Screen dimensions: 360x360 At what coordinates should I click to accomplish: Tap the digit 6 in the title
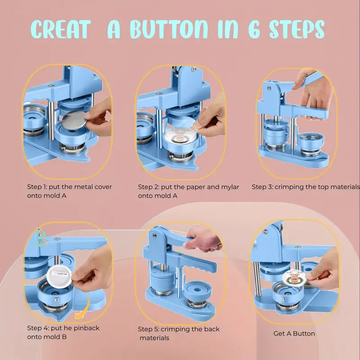254,29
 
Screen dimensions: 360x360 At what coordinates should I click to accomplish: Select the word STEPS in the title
297,29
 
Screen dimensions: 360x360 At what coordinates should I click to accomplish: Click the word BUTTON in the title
169,29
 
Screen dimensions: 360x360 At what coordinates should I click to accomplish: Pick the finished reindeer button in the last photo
295,279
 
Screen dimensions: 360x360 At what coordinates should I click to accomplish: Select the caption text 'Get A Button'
294,333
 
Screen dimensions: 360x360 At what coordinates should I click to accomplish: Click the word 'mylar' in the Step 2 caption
230,187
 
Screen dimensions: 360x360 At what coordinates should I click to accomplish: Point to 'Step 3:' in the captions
262,187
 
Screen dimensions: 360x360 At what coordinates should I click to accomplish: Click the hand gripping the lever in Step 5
202,239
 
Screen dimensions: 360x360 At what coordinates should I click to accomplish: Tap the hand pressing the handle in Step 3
312,92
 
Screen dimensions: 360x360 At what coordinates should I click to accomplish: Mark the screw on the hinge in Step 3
269,88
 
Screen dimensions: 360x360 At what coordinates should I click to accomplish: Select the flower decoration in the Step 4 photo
41,237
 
